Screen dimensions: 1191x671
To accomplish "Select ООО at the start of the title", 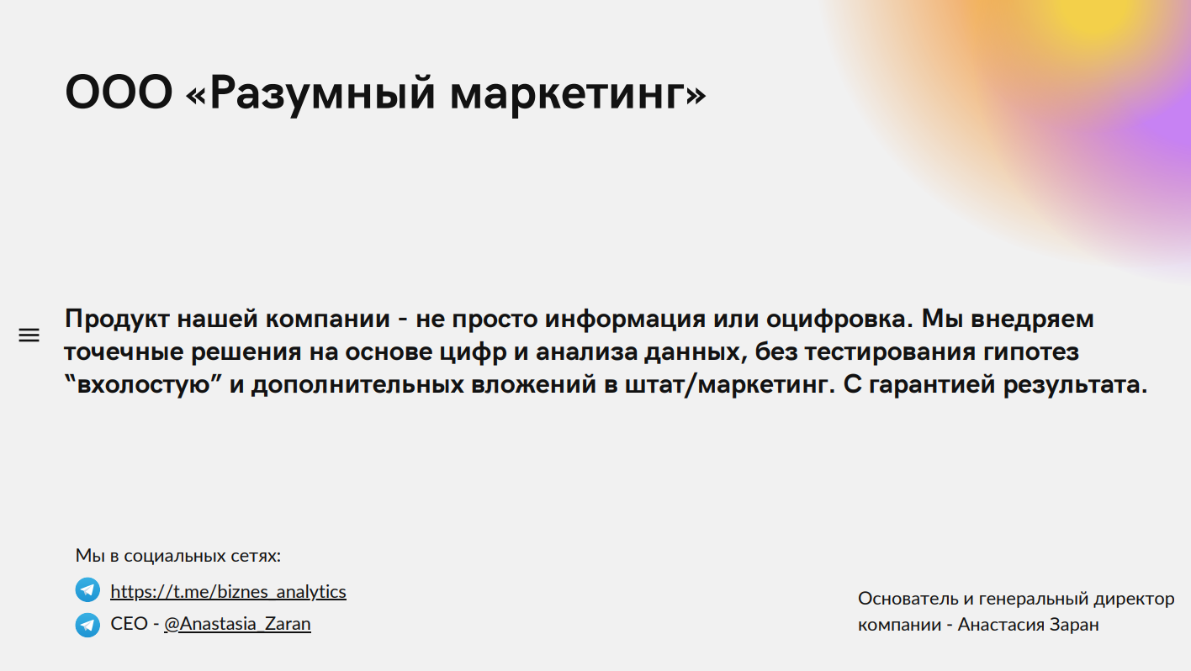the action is click(x=119, y=92).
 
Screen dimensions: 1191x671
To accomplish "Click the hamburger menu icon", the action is click(x=29, y=335).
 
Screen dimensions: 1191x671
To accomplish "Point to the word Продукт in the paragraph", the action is click(x=117, y=320).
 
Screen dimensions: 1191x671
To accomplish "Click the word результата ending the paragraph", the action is click(x=1075, y=385).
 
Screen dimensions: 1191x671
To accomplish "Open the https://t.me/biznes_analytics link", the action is click(x=228, y=592).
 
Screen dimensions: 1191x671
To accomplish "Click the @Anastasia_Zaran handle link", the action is click(x=237, y=624).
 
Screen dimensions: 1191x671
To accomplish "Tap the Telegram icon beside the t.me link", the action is click(x=87, y=590).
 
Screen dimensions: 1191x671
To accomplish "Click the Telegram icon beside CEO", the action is click(x=87, y=625).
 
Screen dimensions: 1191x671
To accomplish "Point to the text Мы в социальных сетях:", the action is click(x=178, y=556).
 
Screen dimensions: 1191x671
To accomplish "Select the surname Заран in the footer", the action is click(x=1074, y=625).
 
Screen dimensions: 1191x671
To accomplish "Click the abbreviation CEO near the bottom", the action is click(x=130, y=624).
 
